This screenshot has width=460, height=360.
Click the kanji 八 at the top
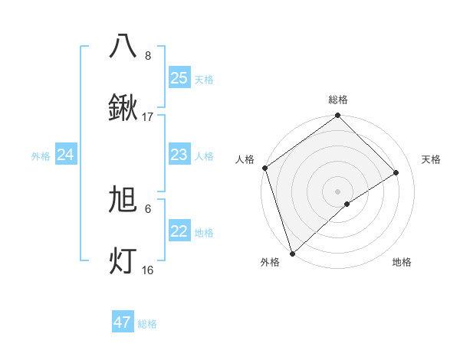click(123, 47)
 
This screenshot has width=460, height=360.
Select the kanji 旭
click(123, 200)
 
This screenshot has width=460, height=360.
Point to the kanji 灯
click(123, 260)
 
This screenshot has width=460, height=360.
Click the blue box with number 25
click(179, 78)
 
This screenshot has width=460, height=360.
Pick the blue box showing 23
click(179, 155)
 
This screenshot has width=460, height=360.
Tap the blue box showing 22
click(179, 231)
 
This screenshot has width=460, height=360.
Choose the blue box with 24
click(65, 155)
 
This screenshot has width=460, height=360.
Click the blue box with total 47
click(122, 322)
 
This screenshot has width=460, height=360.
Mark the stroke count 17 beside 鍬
click(148, 117)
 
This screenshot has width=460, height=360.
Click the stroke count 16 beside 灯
click(148, 270)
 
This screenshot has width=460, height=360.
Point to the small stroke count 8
click(148, 56)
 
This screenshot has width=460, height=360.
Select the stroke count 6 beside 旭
click(148, 208)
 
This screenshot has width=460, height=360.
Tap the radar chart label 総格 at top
click(337, 100)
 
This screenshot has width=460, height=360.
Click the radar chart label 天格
click(431, 159)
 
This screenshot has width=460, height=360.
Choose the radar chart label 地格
click(402, 262)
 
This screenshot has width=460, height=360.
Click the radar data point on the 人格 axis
click(264, 168)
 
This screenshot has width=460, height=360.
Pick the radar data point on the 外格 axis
click(292, 253)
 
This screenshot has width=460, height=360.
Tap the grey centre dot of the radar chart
click(337, 191)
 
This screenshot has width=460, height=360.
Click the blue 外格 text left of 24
click(41, 155)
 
